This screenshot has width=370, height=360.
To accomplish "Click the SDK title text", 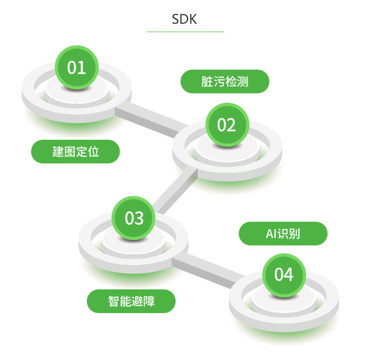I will point(185,19).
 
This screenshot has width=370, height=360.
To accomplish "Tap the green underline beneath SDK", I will point(185,32).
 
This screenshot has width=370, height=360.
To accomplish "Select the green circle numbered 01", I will point(76,67).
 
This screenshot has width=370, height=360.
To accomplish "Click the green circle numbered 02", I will point(227,125).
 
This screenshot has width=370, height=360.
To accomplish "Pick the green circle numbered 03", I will point(134,218).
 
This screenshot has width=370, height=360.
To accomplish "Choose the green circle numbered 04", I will point(284,275).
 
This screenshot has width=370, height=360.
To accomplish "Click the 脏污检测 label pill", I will point(224,81).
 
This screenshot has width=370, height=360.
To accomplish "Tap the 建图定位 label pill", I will point(75,152).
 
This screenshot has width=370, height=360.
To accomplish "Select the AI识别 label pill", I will point(283,234).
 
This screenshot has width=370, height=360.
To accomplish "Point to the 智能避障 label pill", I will point(131,301).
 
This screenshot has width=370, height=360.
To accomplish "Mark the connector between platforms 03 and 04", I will point(207,269).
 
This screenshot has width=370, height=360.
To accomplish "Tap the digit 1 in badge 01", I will point(81,67).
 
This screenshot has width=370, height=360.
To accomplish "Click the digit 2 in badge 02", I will point(232,125).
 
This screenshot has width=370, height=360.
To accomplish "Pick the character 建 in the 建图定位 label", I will point(58,152).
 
